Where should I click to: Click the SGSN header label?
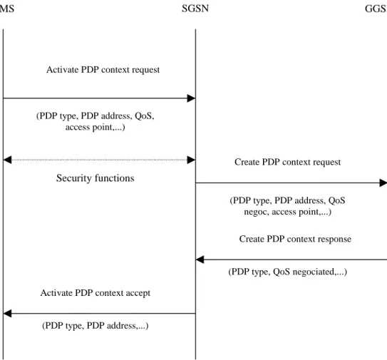[195, 9]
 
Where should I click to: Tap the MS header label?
[6, 9]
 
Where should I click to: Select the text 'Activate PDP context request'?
[103, 70]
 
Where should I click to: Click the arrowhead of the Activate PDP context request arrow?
[191, 98]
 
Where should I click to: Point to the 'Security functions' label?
[96, 178]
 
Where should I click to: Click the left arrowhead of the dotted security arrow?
[7, 160]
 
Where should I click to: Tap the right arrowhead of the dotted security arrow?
[191, 160]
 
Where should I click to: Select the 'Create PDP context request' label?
[287, 162]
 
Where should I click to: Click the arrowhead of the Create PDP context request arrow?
[383, 183]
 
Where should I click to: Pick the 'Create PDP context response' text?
[295, 239]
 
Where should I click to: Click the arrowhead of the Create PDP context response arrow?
[200, 259]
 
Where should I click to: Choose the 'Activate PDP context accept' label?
[96, 293]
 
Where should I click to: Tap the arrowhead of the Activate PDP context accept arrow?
[7, 314]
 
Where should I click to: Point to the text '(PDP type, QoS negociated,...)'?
[287, 272]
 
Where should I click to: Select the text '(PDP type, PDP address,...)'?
[96, 326]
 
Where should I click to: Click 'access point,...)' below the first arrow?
[96, 128]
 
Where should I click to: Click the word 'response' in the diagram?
[334, 240]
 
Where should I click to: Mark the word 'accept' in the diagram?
[138, 293]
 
